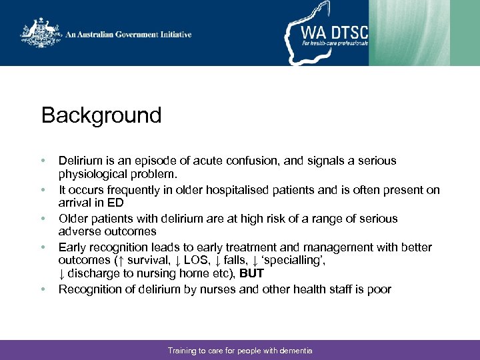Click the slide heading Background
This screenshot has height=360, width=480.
point(101,115)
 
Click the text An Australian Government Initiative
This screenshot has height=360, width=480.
point(129,35)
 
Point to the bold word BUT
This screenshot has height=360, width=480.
point(251,273)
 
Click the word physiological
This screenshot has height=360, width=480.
point(92,174)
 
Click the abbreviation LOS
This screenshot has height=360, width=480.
point(185,261)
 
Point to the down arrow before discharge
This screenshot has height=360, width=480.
point(62,273)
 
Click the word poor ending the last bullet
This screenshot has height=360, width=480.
point(379,289)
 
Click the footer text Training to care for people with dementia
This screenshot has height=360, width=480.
point(240,351)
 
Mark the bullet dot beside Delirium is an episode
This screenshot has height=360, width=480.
point(43,161)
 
